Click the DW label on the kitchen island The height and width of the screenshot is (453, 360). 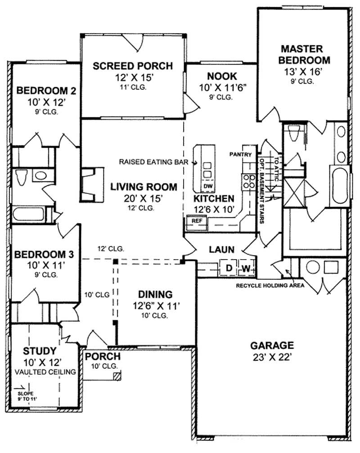pyautogui.click(x=207, y=186)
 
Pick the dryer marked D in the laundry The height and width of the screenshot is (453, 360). pyautogui.click(x=229, y=269)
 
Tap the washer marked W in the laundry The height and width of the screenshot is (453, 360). pyautogui.click(x=246, y=269)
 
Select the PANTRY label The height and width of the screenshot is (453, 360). pyautogui.click(x=239, y=154)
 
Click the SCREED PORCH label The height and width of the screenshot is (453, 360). pyautogui.click(x=132, y=66)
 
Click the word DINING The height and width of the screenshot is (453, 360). pyautogui.click(x=156, y=295)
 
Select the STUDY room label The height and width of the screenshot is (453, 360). pyautogui.click(x=40, y=351)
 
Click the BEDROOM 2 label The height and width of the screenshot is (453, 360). pyautogui.click(x=46, y=91)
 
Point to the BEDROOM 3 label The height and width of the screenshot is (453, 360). pyautogui.click(x=40, y=255)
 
